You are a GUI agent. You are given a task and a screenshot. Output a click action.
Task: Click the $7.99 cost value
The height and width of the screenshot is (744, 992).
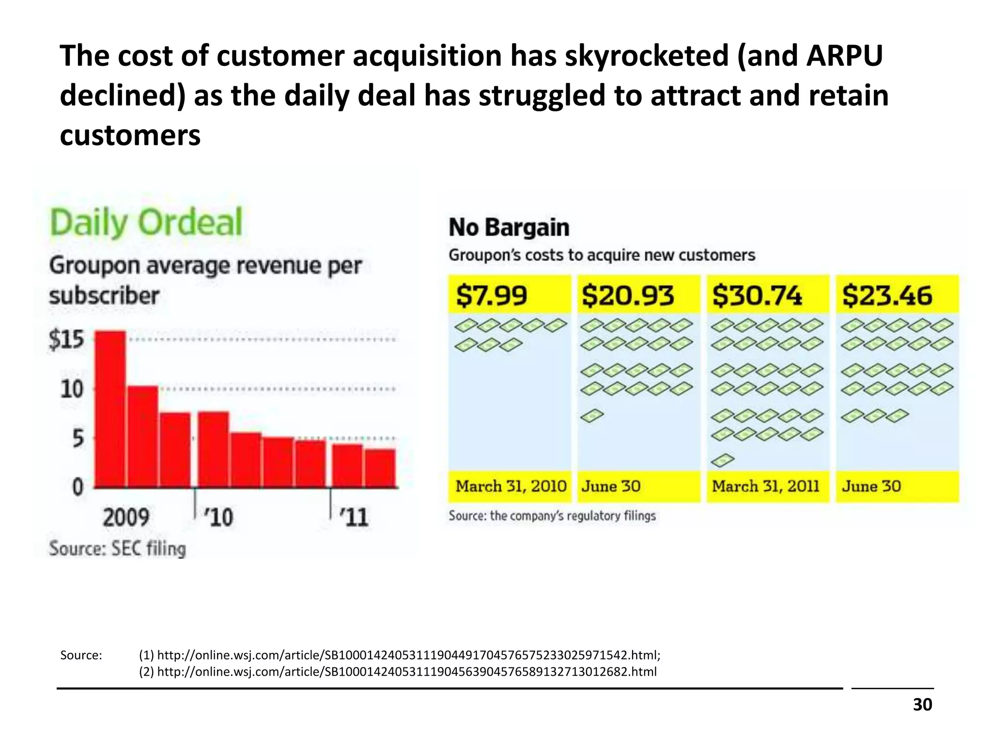pyautogui.click(x=491, y=295)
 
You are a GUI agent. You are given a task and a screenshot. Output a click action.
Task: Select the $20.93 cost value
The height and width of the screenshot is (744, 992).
pyautogui.click(x=627, y=295)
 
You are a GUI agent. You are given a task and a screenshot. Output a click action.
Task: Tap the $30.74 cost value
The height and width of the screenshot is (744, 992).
pyautogui.click(x=757, y=295)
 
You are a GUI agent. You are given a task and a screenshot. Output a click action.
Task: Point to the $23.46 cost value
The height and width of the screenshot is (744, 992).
pyautogui.click(x=887, y=295)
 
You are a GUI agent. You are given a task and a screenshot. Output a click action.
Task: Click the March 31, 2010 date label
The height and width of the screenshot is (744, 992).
pyautogui.click(x=511, y=486)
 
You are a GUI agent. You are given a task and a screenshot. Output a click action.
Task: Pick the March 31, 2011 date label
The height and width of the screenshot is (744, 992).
pyautogui.click(x=765, y=486)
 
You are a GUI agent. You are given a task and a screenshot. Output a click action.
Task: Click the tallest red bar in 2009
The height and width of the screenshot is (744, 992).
pyautogui.click(x=110, y=409)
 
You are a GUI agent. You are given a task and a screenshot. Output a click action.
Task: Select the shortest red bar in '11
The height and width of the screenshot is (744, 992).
pyautogui.click(x=380, y=468)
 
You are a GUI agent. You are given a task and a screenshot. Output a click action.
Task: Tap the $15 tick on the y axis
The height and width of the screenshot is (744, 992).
pyautogui.click(x=66, y=340)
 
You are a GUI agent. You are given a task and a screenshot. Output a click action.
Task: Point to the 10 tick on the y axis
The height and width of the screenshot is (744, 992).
pyautogui.click(x=72, y=389)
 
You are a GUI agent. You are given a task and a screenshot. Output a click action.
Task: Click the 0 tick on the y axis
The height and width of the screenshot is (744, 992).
pyautogui.click(x=77, y=487)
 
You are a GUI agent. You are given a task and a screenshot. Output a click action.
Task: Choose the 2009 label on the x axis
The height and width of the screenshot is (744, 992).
pyautogui.click(x=126, y=517)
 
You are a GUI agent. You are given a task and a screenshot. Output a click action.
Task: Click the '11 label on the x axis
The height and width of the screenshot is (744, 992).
pyautogui.click(x=354, y=517)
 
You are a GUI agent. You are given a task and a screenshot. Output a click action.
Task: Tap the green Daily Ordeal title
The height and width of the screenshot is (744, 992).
pyautogui.click(x=146, y=223)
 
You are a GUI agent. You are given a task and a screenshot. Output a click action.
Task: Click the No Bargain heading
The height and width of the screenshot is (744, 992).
pyautogui.click(x=509, y=228)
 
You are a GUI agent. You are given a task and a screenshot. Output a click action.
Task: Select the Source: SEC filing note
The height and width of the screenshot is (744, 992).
pyautogui.click(x=117, y=548)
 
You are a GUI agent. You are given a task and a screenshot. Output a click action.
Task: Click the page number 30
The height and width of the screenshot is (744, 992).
pyautogui.click(x=922, y=704)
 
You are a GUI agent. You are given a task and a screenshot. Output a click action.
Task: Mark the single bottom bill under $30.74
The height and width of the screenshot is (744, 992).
pyautogui.click(x=723, y=460)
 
